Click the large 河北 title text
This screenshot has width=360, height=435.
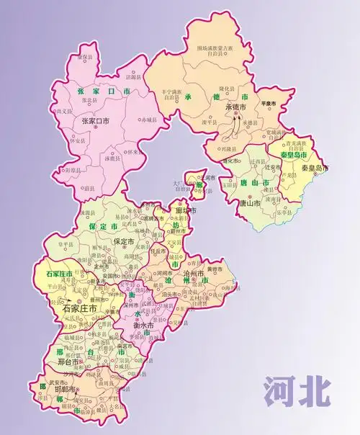point(297,390)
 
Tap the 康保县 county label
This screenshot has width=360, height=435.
point(86,57)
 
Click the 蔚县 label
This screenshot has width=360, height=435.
point(89,188)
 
